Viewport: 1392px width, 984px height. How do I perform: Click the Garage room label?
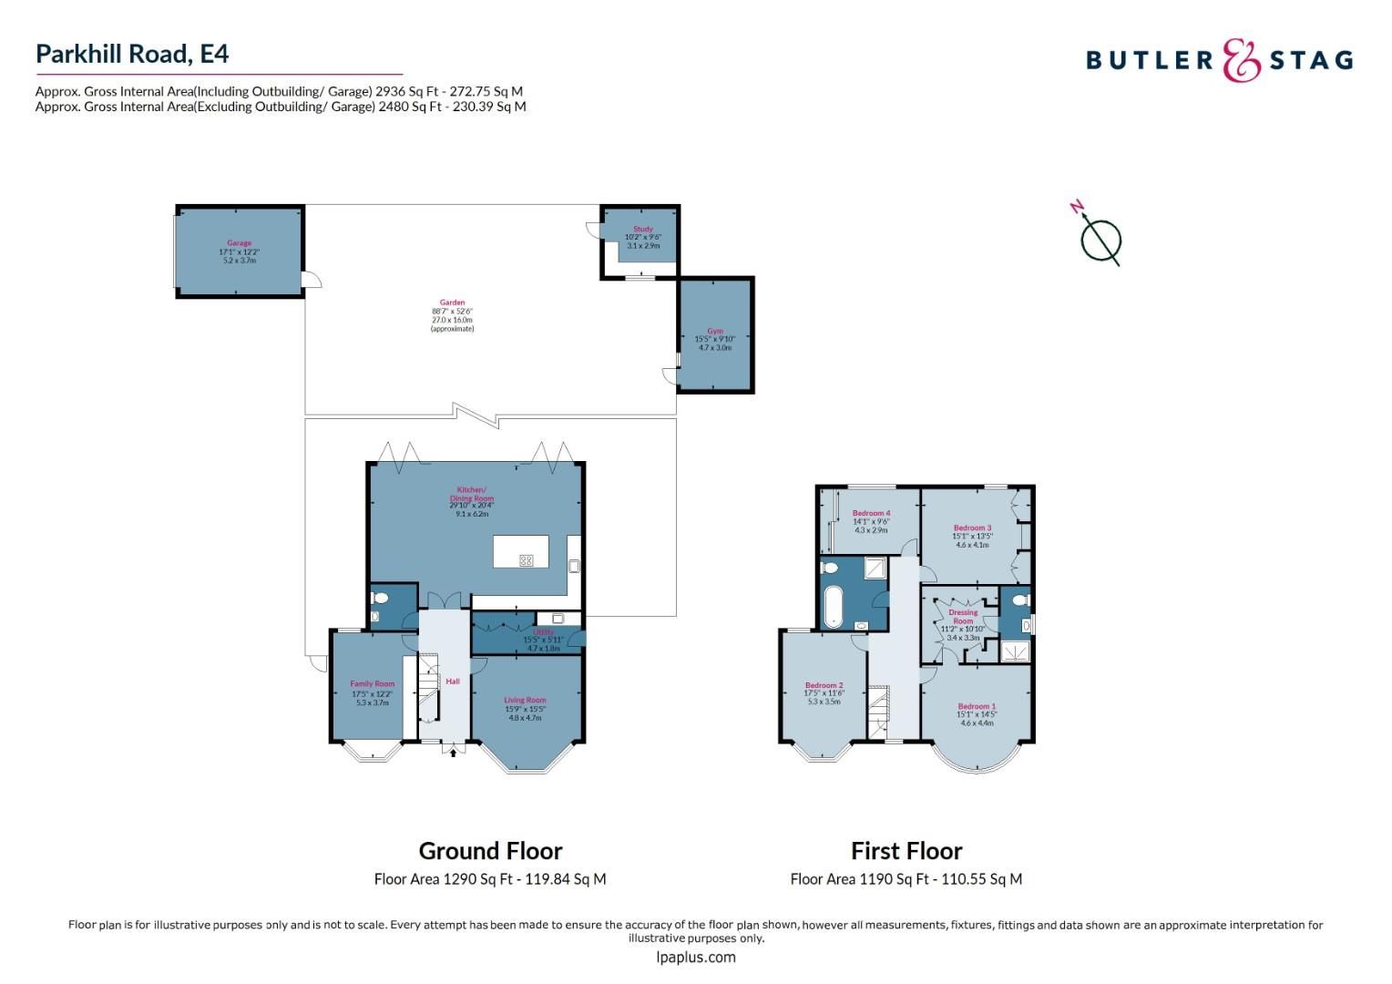[x=239, y=243]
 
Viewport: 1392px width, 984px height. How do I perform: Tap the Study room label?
[x=642, y=230]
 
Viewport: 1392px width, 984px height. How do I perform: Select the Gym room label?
[x=714, y=332]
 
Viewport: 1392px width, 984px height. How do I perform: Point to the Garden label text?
[x=452, y=302]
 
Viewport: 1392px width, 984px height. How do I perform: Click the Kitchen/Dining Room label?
[x=472, y=494]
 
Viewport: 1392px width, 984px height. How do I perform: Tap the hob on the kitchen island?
[x=526, y=561]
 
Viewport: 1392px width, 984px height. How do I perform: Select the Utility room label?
[x=543, y=631]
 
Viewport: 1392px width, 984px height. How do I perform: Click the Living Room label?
[x=525, y=701]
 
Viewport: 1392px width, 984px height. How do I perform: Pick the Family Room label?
[x=372, y=684]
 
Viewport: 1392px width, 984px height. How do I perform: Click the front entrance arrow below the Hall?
[x=453, y=752]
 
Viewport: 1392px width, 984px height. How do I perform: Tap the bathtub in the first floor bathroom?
[x=833, y=607]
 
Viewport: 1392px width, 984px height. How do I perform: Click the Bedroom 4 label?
[x=871, y=514]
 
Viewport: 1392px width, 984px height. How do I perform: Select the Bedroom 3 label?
[x=972, y=528]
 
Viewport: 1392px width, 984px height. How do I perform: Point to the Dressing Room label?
[x=963, y=617]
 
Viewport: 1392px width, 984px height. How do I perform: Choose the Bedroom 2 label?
[x=824, y=685]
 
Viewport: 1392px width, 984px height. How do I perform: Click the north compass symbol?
[x=1100, y=241]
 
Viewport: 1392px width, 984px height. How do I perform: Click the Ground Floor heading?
[x=490, y=851]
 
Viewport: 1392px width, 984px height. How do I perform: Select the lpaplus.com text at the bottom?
[x=695, y=957]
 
